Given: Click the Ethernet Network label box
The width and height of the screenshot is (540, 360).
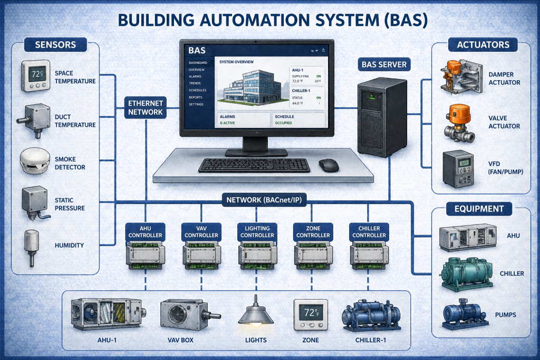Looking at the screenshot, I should (x=146, y=107).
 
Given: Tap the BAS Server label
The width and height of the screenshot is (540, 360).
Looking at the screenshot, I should (x=384, y=65).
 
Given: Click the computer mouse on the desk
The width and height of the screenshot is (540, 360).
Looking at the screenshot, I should (x=329, y=165).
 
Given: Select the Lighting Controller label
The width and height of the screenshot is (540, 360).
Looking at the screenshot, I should (x=254, y=231).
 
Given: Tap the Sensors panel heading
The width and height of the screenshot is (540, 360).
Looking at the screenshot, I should (x=55, y=44).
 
